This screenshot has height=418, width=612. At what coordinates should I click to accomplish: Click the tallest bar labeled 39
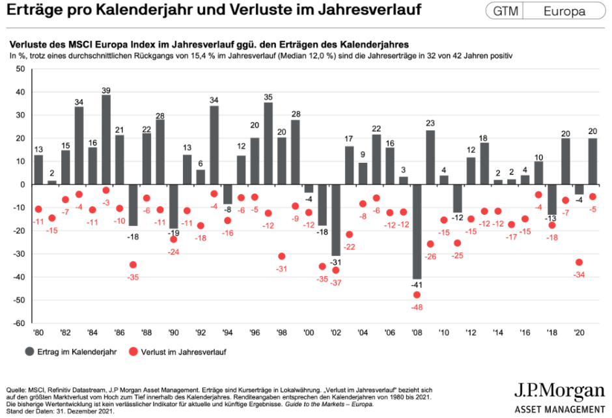(106, 139)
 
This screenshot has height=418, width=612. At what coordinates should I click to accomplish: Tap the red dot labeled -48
(417, 295)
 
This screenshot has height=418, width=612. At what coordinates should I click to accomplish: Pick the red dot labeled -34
(578, 262)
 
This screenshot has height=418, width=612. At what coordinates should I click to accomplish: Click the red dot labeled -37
(336, 270)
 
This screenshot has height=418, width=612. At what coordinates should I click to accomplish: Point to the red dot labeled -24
(173, 240)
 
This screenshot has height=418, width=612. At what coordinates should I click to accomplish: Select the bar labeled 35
(268, 143)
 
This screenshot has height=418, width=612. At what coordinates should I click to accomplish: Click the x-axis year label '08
(416, 332)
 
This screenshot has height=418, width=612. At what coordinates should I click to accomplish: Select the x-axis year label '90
(173, 332)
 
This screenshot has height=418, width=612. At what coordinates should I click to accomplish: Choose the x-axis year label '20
(578, 332)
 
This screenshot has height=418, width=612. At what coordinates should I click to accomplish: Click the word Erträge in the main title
(40, 11)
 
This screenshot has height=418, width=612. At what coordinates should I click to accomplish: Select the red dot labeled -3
(106, 190)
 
